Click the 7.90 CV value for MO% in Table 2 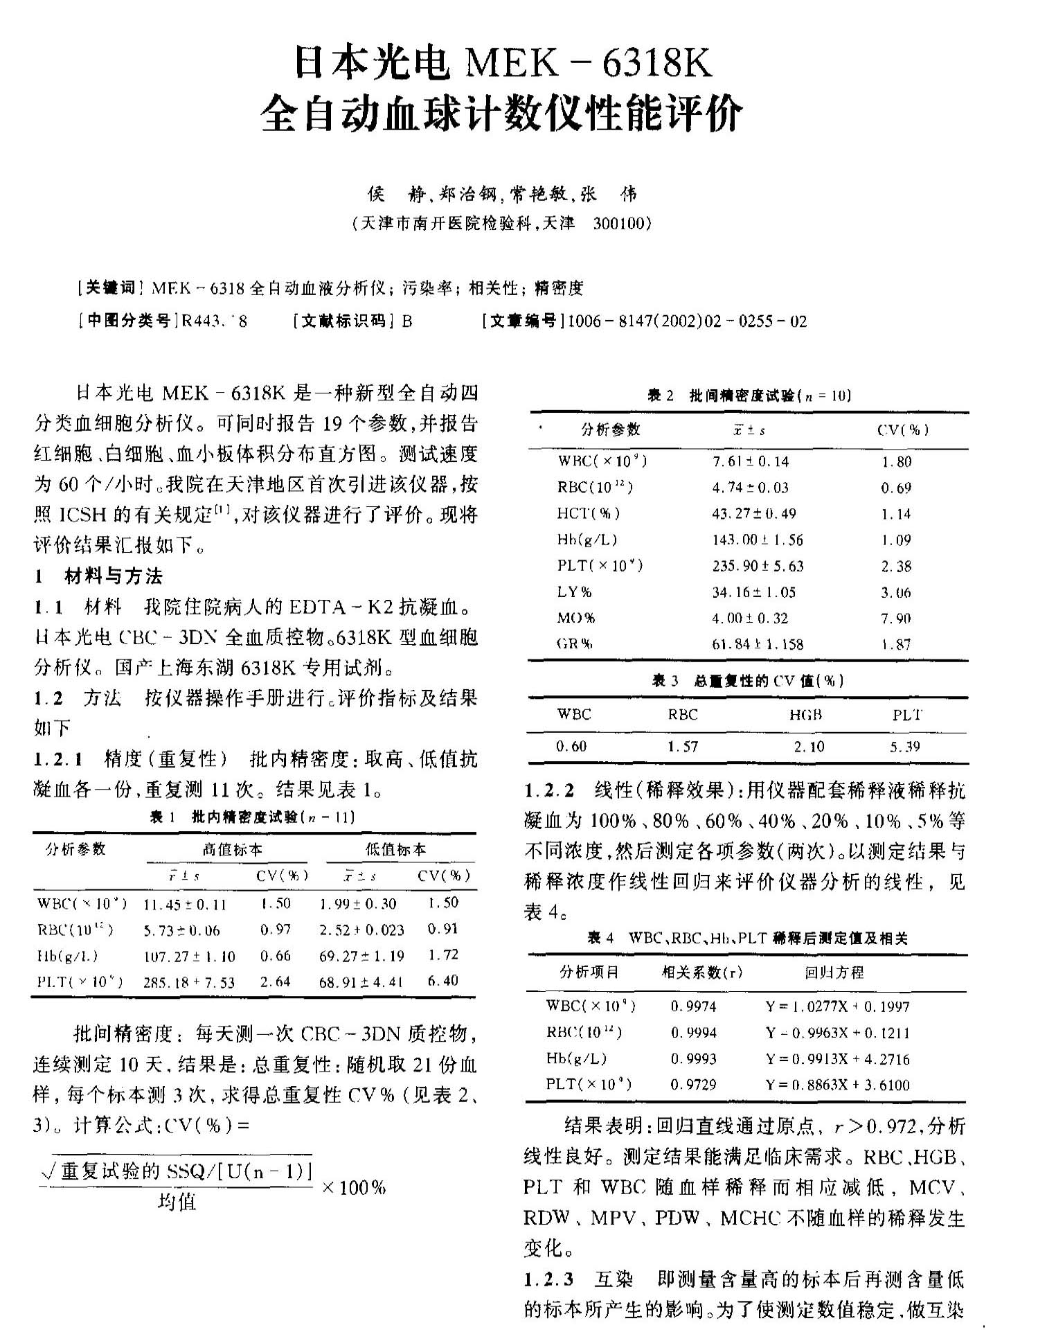click(x=896, y=618)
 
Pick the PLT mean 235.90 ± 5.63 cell click(x=758, y=566)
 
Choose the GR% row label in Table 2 click(x=574, y=644)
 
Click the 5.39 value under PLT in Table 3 click(x=904, y=747)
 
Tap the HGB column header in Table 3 click(x=805, y=715)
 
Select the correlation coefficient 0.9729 click(x=693, y=1085)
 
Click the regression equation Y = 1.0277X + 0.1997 click(x=837, y=1006)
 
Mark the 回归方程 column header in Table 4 click(x=834, y=973)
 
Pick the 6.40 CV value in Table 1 click(x=442, y=981)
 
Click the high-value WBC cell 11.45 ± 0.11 click(x=185, y=905)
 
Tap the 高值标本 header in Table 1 click(x=232, y=849)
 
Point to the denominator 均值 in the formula click(x=177, y=1202)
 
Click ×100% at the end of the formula click(x=353, y=1187)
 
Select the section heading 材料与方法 click(x=114, y=576)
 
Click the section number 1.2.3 click(x=548, y=1279)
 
